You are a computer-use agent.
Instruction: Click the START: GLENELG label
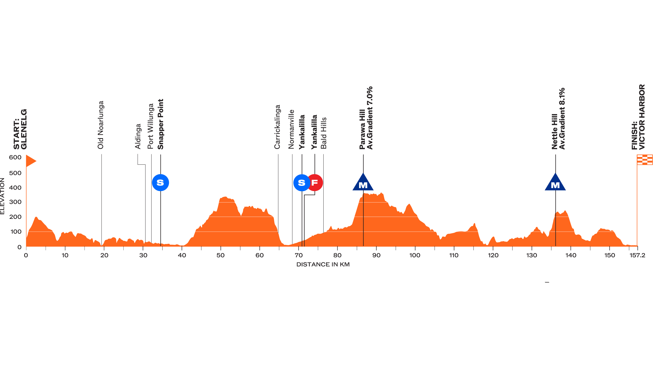pyautogui.click(x=20, y=129)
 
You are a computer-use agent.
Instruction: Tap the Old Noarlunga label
pyautogui.click(x=101, y=125)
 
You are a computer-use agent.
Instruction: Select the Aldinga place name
pyautogui.click(x=138, y=136)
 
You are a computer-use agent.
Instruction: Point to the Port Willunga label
pyautogui.click(x=151, y=126)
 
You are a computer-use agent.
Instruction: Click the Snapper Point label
pyautogui.click(x=160, y=124)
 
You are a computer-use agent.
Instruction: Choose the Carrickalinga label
pyautogui.click(x=277, y=127)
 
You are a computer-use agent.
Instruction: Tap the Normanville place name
pyautogui.click(x=291, y=129)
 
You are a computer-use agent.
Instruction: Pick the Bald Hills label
pyautogui.click(x=324, y=133)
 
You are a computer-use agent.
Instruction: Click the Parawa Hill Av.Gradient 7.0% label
pyautogui.click(x=366, y=118)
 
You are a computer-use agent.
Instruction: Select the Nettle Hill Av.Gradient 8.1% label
pyautogui.click(x=558, y=119)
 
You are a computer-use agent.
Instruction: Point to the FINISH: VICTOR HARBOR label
pyautogui.click(x=638, y=117)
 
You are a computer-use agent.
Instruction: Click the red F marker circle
pyautogui.click(x=315, y=183)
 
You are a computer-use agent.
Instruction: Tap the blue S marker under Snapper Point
pyautogui.click(x=160, y=183)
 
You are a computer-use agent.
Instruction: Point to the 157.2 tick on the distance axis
pyautogui.click(x=637, y=255)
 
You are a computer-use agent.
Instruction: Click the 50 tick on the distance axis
pyautogui.click(x=220, y=255)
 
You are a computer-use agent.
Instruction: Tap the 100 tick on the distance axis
pyautogui.click(x=415, y=255)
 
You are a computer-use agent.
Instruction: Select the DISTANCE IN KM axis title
pyautogui.click(x=323, y=265)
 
